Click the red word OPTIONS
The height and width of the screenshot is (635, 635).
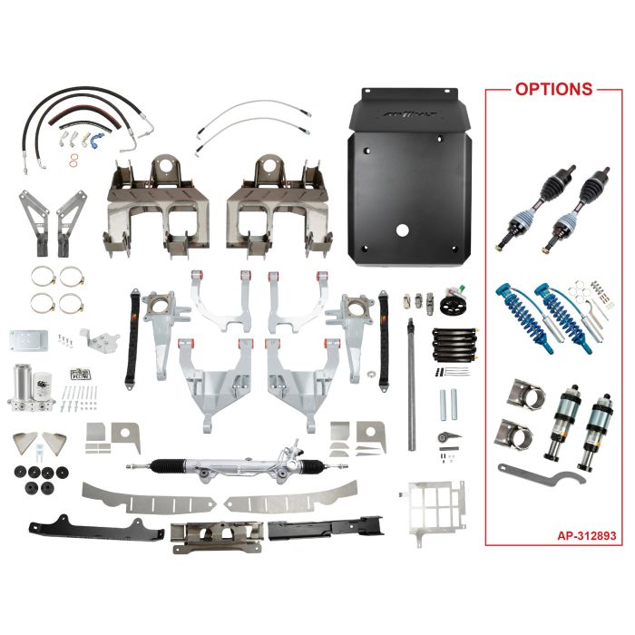(553, 90)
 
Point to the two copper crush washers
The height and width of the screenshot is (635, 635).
(72, 161)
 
